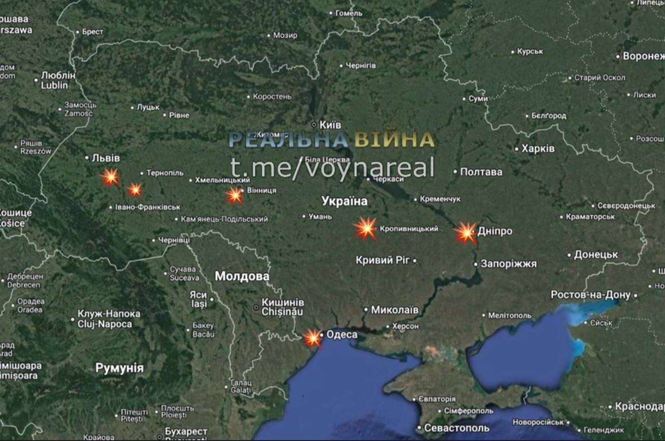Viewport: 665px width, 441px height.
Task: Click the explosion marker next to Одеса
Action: click(x=313, y=338)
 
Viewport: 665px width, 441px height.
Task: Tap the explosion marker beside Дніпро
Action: click(x=465, y=233)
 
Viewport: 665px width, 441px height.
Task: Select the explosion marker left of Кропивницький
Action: click(x=366, y=229)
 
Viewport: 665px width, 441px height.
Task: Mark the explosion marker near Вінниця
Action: click(x=235, y=195)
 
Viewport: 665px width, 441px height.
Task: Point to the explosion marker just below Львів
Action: click(x=110, y=178)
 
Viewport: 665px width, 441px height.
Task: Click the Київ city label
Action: click(x=330, y=125)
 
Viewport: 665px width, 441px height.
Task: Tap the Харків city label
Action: click(x=538, y=149)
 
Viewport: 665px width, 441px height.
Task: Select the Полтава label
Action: click(x=481, y=172)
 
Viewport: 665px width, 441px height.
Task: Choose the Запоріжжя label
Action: click(x=508, y=264)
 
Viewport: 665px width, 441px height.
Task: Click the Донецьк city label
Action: click(x=595, y=255)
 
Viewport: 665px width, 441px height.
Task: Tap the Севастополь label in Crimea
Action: click(x=457, y=428)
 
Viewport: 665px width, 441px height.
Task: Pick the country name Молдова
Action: click(x=242, y=276)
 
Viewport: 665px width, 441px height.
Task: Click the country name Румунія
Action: click(x=119, y=368)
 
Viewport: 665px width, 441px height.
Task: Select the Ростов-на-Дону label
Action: click(x=590, y=295)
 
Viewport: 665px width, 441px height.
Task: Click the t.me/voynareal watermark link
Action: click(x=332, y=167)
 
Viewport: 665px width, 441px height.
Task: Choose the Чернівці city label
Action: click(x=174, y=240)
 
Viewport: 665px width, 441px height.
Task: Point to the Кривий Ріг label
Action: click(x=382, y=260)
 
